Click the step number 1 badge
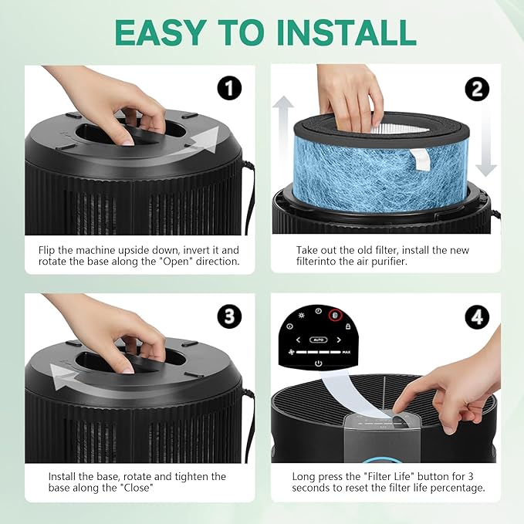(229, 88)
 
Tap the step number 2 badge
(477, 89)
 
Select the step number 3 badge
(229, 316)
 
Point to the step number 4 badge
(477, 317)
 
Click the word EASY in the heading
(159, 32)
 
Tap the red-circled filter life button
(336, 315)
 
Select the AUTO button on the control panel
(318, 340)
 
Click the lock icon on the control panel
(347, 326)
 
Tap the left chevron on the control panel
(298, 340)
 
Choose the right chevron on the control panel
(339, 340)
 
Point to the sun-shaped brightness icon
(302, 315)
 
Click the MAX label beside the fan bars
(347, 352)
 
